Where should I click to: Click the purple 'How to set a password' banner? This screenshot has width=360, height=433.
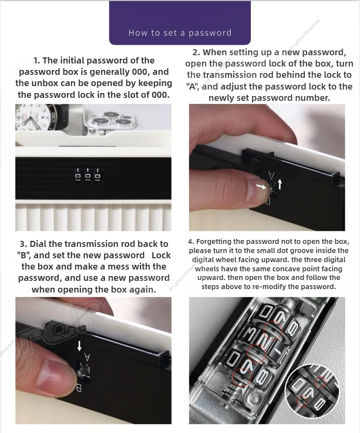pos(180,23)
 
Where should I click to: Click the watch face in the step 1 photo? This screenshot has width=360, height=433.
pos(32,117)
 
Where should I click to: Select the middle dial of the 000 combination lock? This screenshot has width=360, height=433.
pos(88,175)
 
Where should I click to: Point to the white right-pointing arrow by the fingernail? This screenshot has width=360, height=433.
pos(261,187)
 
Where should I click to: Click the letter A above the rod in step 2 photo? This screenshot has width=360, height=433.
pos(271,176)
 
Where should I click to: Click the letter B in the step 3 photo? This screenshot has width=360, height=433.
pos(79,388)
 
